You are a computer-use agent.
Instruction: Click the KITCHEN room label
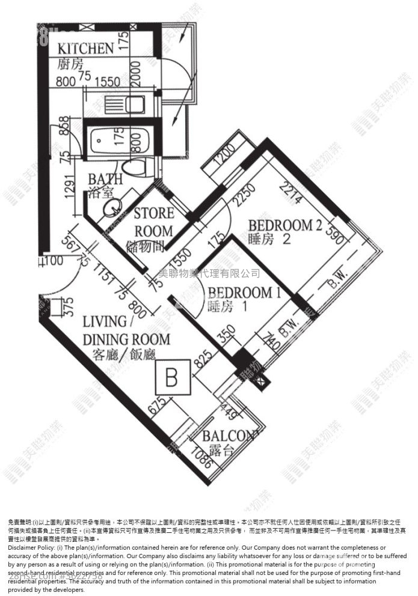pos(85,49)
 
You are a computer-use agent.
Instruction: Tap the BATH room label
pos(105,179)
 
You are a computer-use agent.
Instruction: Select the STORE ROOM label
pos(153,222)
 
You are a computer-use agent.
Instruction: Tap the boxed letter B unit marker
pos(171,378)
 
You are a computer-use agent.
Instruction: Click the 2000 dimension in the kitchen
pos(137,76)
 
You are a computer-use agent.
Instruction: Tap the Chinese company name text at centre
pos(209,273)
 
